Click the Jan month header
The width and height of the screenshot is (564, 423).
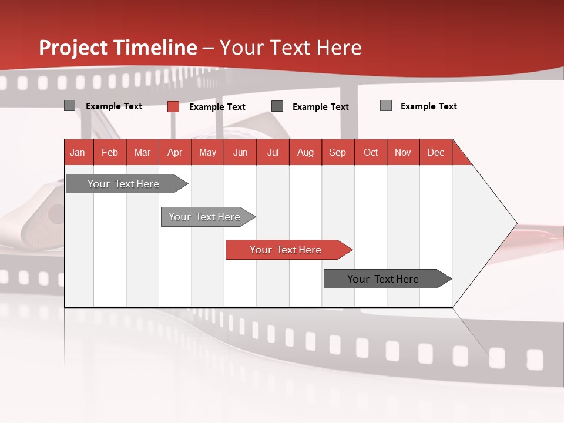(x=78, y=152)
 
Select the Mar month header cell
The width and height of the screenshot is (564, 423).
(x=142, y=152)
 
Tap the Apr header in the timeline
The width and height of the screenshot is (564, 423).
(x=175, y=152)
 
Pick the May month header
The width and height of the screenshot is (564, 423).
(x=207, y=152)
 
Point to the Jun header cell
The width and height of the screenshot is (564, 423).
(x=240, y=152)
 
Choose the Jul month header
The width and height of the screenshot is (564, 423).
(x=273, y=152)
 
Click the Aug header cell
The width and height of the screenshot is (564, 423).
(x=305, y=152)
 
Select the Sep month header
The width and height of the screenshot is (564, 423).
(x=338, y=152)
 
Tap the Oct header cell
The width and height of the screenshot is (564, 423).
(x=371, y=152)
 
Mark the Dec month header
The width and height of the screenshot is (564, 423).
(x=435, y=152)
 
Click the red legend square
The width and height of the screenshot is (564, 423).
(x=173, y=106)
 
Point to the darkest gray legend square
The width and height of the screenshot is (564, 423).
(x=277, y=106)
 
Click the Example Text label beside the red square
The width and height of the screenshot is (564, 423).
(x=217, y=107)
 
